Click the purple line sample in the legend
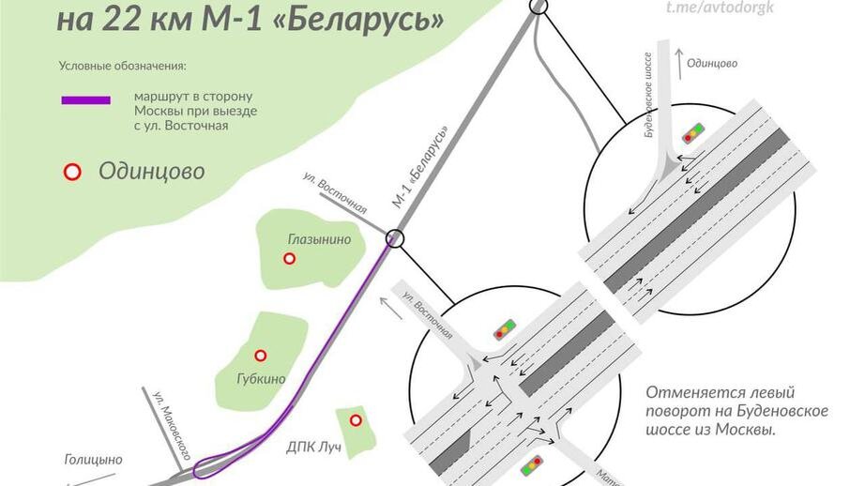point(85,99)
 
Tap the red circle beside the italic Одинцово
point(70,172)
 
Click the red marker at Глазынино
point(290,258)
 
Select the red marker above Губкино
point(261,356)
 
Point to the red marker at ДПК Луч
point(356,420)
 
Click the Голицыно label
point(93,460)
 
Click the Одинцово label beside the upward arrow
point(712,64)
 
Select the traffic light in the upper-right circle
point(694,132)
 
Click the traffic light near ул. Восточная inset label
point(505,329)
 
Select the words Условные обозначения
point(122,66)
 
